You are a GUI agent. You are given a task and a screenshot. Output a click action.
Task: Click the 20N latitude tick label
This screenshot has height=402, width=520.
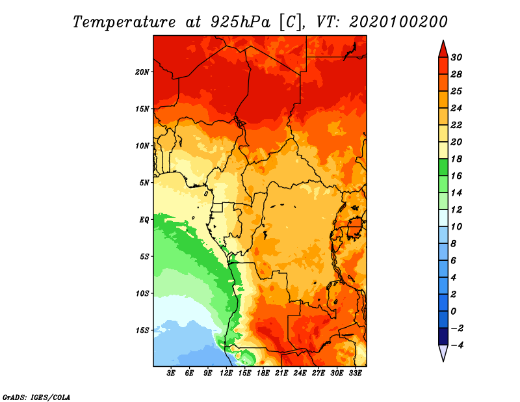click(x=142, y=72)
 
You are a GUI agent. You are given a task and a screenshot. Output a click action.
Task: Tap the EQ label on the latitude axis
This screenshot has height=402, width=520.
click(x=144, y=220)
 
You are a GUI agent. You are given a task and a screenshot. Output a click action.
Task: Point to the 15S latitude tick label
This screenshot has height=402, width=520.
click(x=142, y=330)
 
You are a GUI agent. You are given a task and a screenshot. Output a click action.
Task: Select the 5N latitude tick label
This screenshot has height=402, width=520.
click(x=144, y=183)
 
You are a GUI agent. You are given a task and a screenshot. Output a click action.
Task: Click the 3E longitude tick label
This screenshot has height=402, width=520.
click(x=171, y=373)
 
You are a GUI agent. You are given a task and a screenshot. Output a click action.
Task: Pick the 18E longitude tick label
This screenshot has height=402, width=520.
click(x=263, y=373)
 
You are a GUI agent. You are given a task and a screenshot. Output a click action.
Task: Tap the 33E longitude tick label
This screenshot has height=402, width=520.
click(x=355, y=373)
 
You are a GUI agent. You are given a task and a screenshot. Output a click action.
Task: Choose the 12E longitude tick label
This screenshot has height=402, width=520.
click(x=226, y=373)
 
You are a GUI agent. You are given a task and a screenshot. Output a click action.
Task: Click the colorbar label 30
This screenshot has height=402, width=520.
click(x=456, y=57)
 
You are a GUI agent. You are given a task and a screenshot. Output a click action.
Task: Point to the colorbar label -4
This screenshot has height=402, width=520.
click(x=457, y=345)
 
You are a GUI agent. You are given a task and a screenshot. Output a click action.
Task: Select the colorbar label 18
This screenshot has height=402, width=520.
click(x=456, y=159)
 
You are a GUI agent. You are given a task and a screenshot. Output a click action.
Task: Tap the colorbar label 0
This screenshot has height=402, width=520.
click(x=453, y=312)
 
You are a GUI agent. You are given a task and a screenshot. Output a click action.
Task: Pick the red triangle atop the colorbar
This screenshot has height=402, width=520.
click(x=443, y=50)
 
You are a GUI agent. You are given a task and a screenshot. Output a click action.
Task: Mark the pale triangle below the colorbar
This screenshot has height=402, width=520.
click(x=443, y=353)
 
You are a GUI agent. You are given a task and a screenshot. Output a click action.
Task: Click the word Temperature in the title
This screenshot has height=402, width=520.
click(x=124, y=22)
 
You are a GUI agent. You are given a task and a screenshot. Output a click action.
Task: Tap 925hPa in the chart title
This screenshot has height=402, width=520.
click(x=240, y=22)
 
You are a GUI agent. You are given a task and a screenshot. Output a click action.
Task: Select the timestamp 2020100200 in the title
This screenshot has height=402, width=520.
click(x=398, y=22)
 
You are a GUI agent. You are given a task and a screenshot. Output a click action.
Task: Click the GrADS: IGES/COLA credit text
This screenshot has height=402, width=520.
click(x=36, y=397)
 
